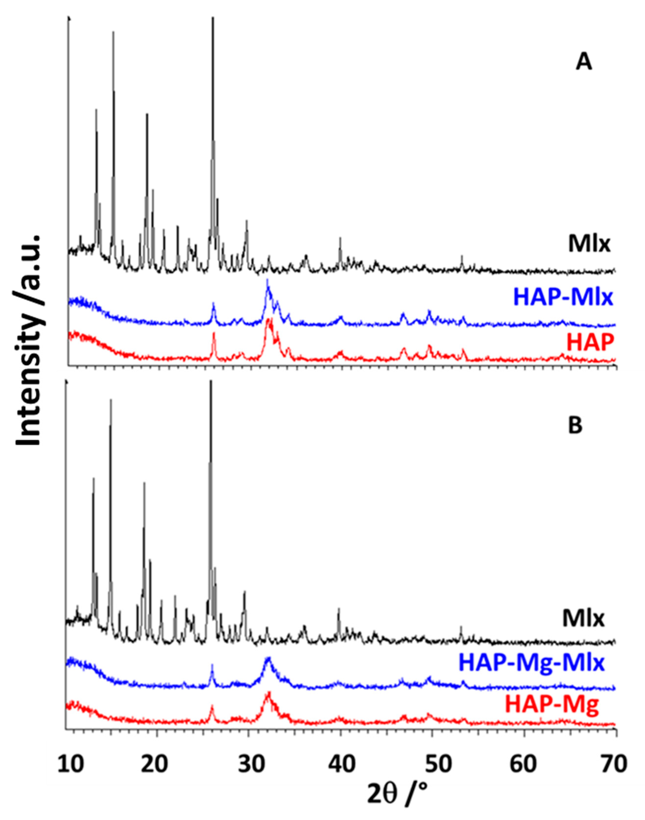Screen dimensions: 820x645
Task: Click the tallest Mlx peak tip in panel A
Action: click(x=213, y=18)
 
